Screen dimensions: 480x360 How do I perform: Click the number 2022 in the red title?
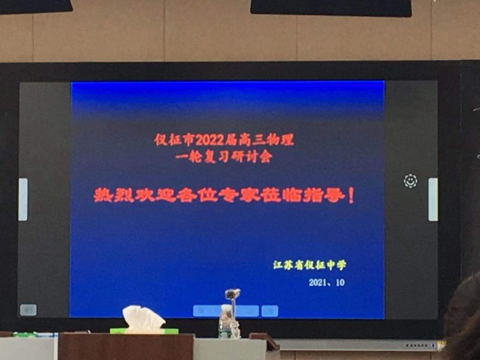point(210,140)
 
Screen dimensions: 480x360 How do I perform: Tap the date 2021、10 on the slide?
point(326,282)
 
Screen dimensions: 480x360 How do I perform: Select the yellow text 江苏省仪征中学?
point(310,265)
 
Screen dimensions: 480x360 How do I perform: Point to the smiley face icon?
point(410,181)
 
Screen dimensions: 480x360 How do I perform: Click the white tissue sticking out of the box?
point(143,319)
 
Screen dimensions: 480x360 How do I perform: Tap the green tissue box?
point(144,331)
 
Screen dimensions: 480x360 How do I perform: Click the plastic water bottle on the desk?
point(226,322)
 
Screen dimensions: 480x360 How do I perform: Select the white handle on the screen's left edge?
point(23,199)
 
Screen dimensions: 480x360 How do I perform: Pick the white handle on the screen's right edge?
point(433,199)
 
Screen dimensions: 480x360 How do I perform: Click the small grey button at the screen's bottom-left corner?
point(28,310)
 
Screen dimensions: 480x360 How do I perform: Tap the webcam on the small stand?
point(232,294)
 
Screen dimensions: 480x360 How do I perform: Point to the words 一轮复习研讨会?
point(224,157)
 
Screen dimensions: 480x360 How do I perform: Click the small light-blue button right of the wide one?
point(269,311)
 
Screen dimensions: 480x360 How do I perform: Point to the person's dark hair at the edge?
point(462,319)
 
